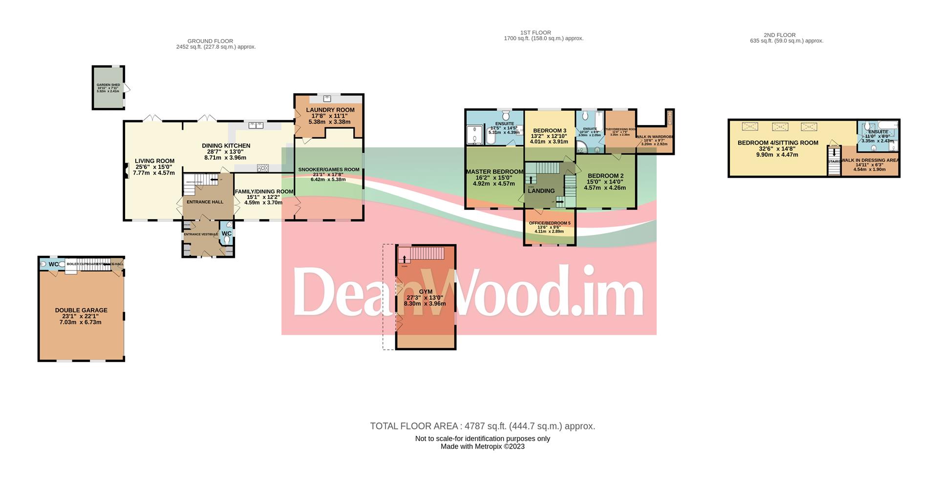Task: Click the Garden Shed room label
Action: click(108, 85)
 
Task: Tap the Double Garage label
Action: click(81, 310)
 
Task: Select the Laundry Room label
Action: click(330, 110)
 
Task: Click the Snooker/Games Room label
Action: click(328, 170)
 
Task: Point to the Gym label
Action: click(426, 292)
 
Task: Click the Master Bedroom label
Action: click(494, 172)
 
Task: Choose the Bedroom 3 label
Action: click(550, 130)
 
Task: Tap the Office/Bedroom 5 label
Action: click(550, 223)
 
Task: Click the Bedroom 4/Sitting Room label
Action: click(777, 143)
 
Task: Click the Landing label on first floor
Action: click(541, 191)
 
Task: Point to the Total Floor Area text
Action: click(482, 426)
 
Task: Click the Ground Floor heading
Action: click(210, 41)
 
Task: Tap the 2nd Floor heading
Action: click(780, 35)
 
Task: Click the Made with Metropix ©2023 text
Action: click(482, 446)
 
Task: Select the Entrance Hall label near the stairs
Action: click(205, 202)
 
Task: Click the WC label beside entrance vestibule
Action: click(227, 234)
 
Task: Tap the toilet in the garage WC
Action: click(43, 264)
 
